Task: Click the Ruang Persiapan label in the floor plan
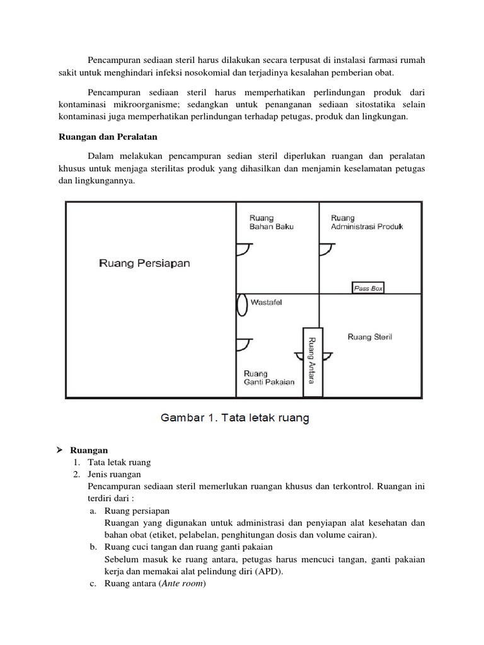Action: tap(144, 264)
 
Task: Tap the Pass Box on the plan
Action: tap(367, 288)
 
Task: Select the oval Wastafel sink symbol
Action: tap(241, 305)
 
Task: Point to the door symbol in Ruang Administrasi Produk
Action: tap(325, 250)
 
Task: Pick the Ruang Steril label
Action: tap(369, 337)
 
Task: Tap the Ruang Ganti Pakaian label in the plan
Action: tap(268, 377)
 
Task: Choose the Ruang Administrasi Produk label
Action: tap(367, 222)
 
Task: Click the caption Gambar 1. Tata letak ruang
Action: tap(235, 418)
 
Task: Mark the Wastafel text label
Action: tap(267, 302)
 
